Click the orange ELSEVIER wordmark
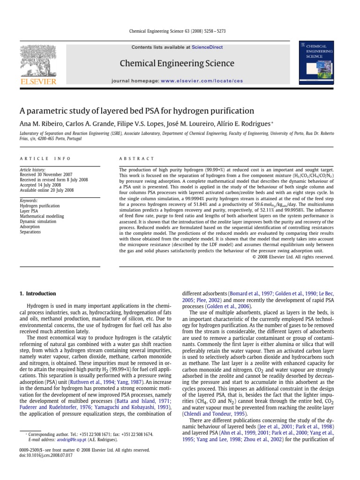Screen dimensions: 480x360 [38, 82]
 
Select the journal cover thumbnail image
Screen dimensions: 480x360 [317, 62]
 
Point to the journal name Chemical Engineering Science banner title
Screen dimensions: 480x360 [177, 63]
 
